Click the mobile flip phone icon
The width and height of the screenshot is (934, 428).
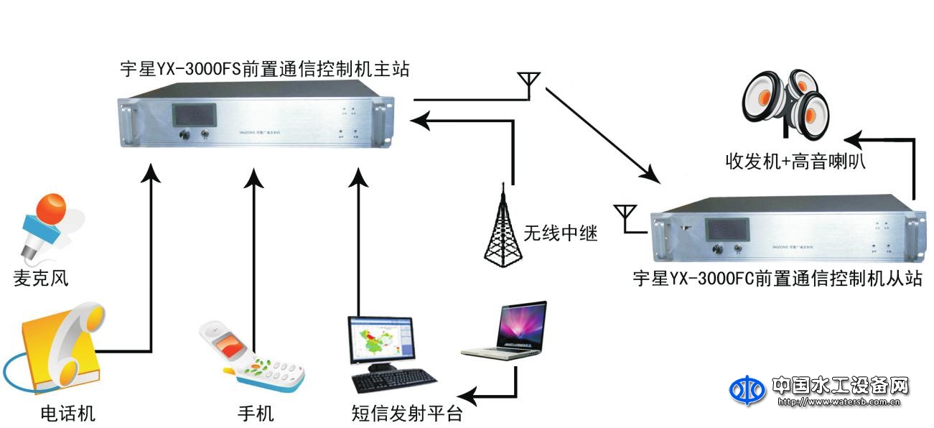251,357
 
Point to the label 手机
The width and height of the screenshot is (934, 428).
256,414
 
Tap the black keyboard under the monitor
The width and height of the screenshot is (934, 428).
394,381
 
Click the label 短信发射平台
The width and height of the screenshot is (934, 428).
406,414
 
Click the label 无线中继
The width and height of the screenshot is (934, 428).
561,233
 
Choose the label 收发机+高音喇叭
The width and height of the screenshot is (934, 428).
795,162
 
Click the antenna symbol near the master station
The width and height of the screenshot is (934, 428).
529,83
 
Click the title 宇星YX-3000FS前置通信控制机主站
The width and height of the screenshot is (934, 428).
265,70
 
